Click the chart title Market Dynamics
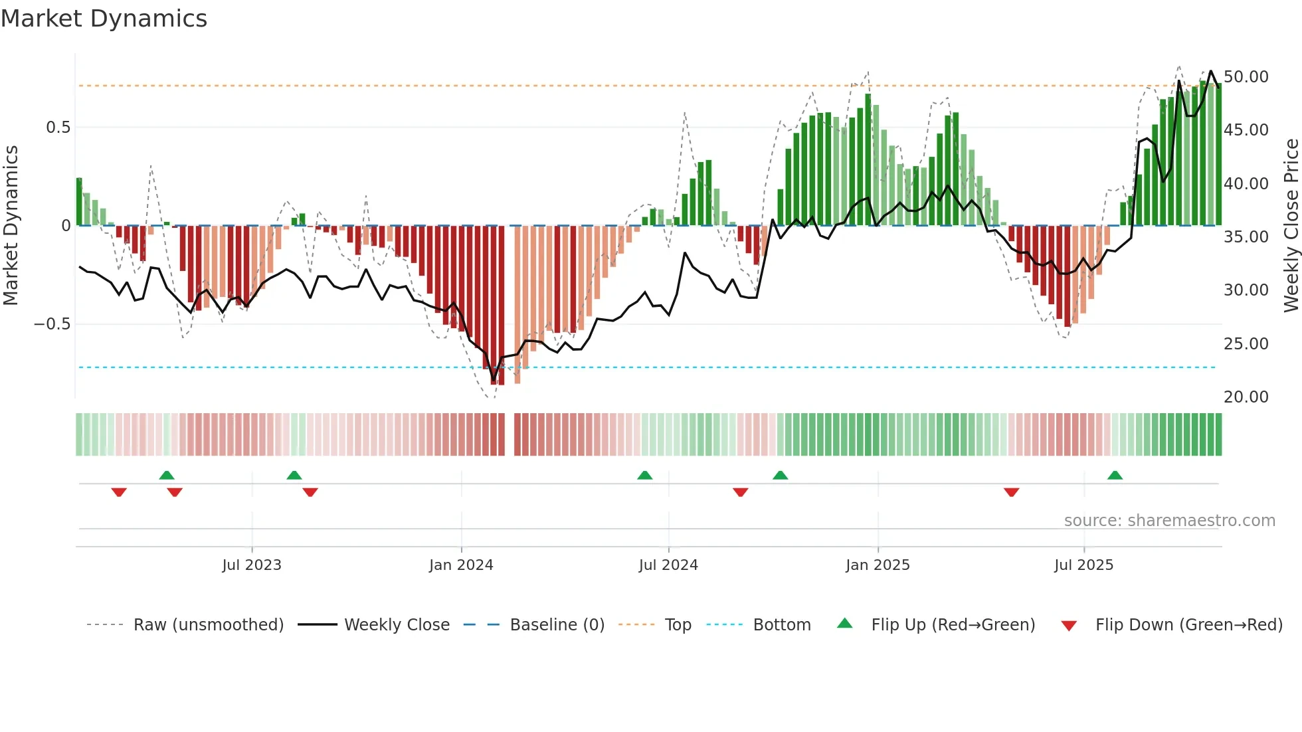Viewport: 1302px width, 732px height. point(104,19)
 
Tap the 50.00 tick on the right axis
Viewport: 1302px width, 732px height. point(1246,77)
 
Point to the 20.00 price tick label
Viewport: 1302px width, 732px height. point(1246,397)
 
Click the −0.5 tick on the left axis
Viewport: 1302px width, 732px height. point(52,324)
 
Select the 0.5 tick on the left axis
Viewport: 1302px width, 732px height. point(58,128)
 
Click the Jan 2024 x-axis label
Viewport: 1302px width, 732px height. point(461,565)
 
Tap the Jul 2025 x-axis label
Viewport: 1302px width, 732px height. point(1083,565)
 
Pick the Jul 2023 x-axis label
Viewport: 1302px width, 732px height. point(252,565)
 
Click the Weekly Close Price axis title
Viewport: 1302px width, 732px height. point(1291,226)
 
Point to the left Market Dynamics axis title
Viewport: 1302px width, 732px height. point(11,226)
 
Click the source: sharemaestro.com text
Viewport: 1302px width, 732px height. point(1169,521)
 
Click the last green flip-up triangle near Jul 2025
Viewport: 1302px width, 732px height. point(1115,476)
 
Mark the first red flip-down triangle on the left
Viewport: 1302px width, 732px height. point(119,492)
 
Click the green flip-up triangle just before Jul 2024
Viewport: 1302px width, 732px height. point(644,476)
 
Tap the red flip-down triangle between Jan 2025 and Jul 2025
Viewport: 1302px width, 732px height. point(1011,492)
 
